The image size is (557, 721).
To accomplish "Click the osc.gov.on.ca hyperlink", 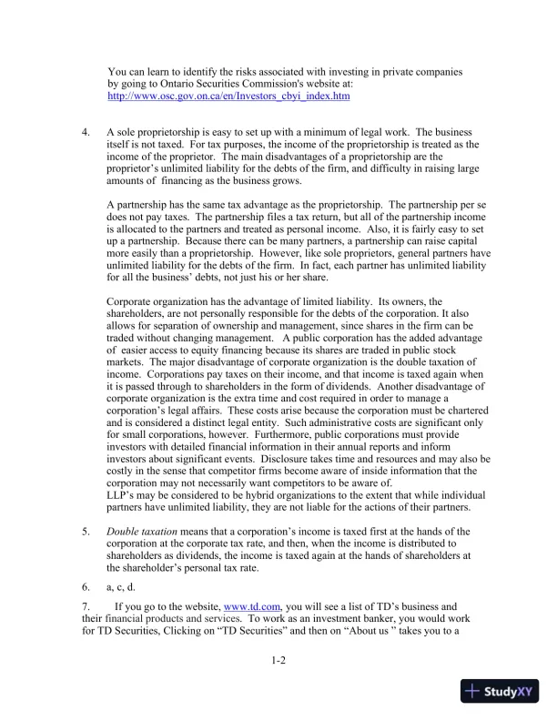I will click(228, 96).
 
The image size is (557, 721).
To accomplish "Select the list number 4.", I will click(86, 132).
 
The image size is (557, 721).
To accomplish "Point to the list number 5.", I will click(86, 531).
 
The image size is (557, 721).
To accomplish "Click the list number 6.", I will click(86, 587).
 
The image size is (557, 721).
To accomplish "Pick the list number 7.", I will click(86, 605).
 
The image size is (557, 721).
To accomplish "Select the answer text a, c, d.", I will click(122, 587).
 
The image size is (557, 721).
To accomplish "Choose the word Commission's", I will click(268, 83).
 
